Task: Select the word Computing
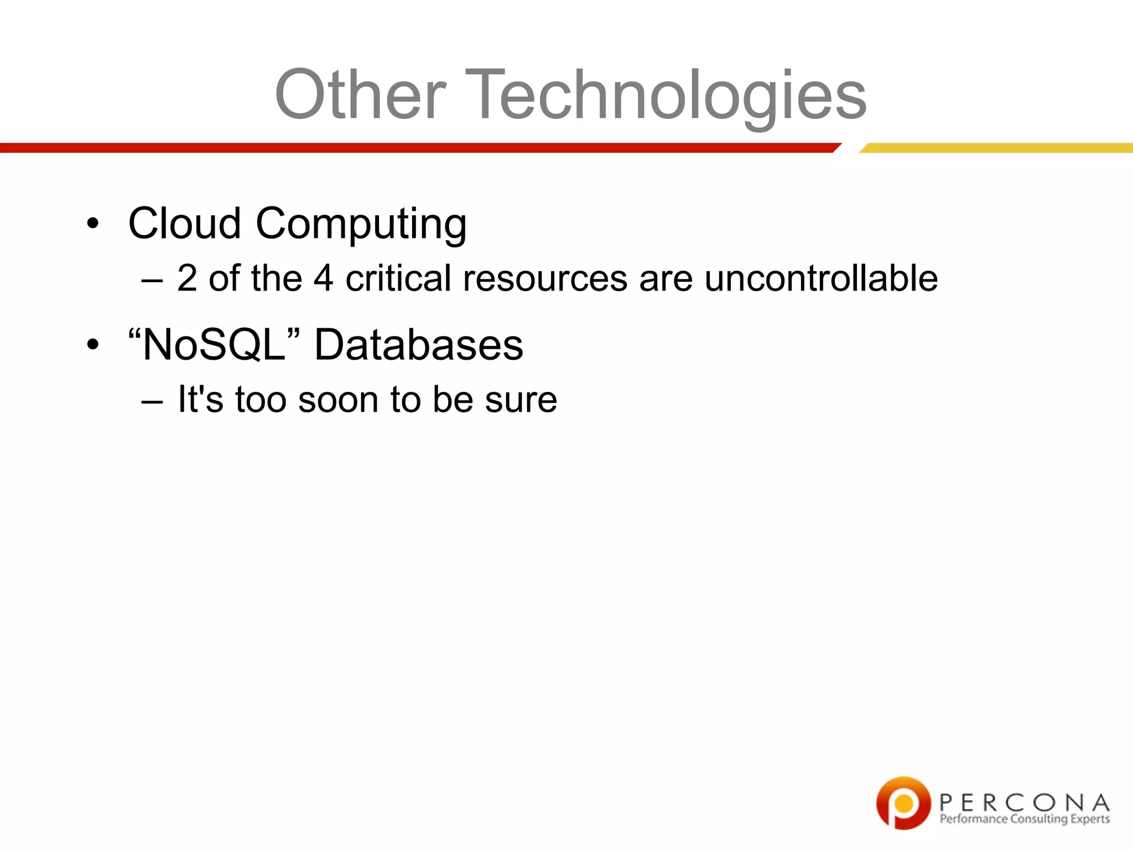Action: [x=361, y=224]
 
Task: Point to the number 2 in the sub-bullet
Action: [x=187, y=278]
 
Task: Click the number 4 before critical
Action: [x=323, y=278]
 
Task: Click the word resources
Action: [x=545, y=278]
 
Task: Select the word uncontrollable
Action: [x=821, y=278]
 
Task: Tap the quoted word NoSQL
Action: [x=214, y=344]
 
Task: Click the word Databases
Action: [x=418, y=344]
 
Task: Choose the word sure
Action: [x=521, y=399]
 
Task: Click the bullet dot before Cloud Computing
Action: [x=93, y=224]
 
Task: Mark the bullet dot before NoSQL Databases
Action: [x=93, y=345]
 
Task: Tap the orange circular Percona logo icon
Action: [x=903, y=802]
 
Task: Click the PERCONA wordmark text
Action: [x=1024, y=802]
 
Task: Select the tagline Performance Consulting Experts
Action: [x=1025, y=819]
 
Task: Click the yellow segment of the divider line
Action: [x=996, y=148]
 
